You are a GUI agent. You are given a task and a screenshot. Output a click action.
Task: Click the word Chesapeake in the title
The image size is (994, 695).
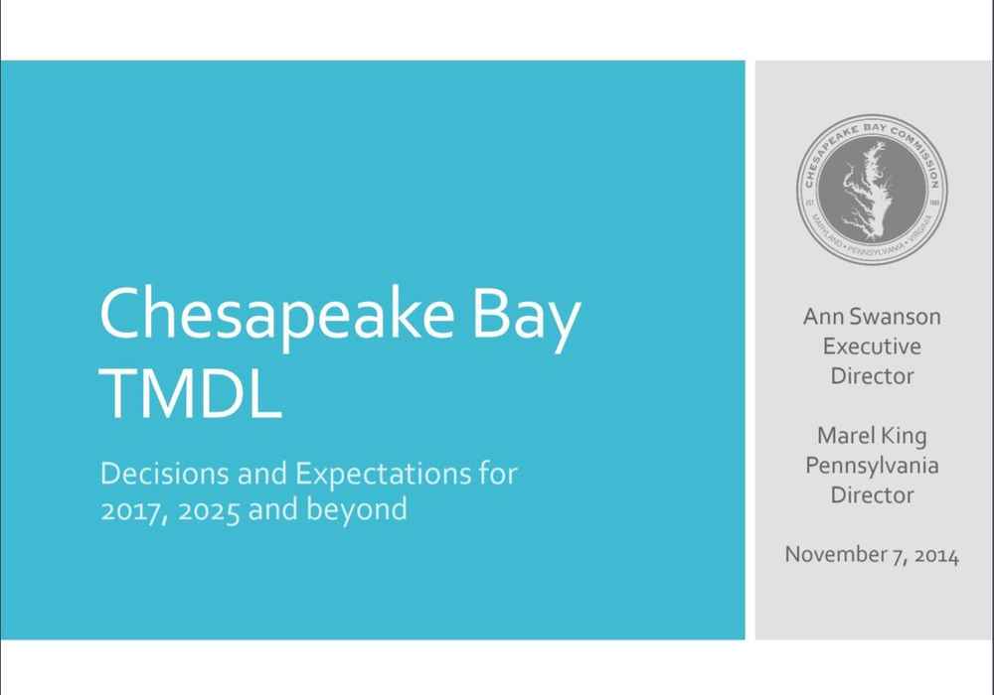click(277, 317)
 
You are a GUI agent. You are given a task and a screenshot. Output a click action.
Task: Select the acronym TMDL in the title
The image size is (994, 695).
click(190, 393)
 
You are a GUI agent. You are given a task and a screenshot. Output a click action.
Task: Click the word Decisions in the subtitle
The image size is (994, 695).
click(164, 474)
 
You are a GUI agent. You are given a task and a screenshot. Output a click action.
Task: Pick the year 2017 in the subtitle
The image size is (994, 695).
click(133, 510)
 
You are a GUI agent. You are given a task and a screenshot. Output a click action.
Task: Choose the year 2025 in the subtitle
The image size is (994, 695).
click(209, 510)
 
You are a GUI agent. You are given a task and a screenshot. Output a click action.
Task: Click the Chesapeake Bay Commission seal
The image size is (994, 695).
click(872, 190)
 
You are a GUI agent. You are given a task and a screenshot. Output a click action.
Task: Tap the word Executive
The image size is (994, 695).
click(872, 347)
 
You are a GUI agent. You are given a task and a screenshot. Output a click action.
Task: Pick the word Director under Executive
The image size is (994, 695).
click(872, 376)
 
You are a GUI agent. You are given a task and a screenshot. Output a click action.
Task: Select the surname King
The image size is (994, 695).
click(904, 437)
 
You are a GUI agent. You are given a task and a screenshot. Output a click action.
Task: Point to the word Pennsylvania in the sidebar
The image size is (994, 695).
click(872, 467)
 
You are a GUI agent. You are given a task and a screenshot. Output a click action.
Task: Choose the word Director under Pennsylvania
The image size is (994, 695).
click(872, 495)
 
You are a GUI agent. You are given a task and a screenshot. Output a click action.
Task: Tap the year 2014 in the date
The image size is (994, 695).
click(937, 555)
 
